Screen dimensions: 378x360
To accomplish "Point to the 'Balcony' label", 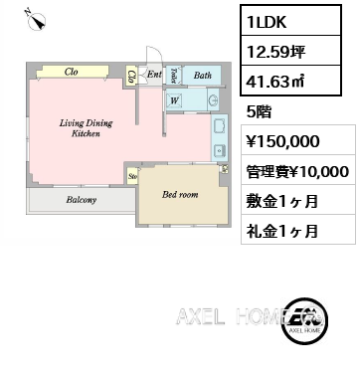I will [x=81, y=200].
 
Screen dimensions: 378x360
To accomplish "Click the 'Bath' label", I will [x=203, y=75].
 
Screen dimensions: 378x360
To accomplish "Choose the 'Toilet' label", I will [x=174, y=75].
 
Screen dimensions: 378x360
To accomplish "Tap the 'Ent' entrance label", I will [x=154, y=75].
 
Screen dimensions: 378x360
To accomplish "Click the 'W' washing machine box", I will [x=174, y=99].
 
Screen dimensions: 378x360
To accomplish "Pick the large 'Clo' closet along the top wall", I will [x=72, y=72].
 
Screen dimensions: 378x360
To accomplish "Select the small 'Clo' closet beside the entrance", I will [x=132, y=77].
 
